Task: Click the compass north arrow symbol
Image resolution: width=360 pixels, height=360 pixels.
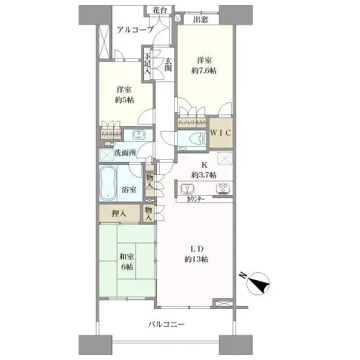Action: (x=258, y=284)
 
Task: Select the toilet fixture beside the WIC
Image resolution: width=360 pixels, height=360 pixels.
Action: (x=197, y=138)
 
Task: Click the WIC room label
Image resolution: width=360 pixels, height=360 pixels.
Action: (x=221, y=132)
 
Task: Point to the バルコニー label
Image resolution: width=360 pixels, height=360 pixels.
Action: (x=166, y=325)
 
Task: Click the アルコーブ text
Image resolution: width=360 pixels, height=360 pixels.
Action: (x=135, y=30)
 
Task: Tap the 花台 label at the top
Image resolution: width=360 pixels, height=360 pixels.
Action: (x=159, y=10)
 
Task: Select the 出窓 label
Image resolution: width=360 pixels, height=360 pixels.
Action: (x=201, y=19)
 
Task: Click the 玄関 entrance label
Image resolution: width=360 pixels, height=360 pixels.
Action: (x=168, y=64)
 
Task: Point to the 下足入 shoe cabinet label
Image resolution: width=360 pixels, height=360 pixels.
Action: (x=148, y=63)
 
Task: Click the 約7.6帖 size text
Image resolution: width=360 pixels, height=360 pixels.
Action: (x=204, y=71)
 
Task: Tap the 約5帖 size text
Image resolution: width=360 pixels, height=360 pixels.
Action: (x=125, y=100)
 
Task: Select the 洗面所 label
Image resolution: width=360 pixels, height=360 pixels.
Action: (x=125, y=153)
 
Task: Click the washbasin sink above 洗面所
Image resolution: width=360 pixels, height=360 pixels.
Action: (x=139, y=135)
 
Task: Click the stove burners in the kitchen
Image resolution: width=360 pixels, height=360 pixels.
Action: (x=223, y=189)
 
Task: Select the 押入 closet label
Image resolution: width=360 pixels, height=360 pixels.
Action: (x=119, y=213)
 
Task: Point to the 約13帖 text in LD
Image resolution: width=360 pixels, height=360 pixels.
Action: (x=197, y=259)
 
